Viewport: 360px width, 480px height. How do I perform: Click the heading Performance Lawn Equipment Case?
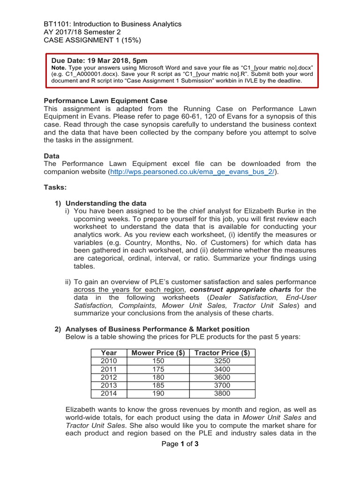tap(105, 101)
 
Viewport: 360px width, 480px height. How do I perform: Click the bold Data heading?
tap(52, 156)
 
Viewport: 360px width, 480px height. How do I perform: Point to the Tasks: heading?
tap(55, 187)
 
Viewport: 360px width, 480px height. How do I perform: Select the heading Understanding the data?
tap(106, 203)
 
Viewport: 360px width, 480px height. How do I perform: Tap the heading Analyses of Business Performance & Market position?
tap(157, 329)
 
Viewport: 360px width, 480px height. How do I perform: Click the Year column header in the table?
tap(109, 352)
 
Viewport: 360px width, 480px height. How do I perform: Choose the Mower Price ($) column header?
tap(158, 352)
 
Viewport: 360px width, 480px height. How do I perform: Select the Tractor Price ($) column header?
tap(222, 352)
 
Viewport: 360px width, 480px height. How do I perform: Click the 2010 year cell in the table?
tap(109, 361)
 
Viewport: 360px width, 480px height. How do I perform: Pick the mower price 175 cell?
tap(158, 369)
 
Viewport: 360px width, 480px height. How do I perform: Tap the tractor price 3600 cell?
tap(222, 377)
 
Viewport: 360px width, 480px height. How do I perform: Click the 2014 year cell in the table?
tap(109, 394)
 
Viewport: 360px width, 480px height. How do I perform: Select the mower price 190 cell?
tap(158, 394)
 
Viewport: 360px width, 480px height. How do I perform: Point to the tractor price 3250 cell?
tap(222, 361)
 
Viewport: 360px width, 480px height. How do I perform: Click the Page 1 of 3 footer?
tap(180, 444)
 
